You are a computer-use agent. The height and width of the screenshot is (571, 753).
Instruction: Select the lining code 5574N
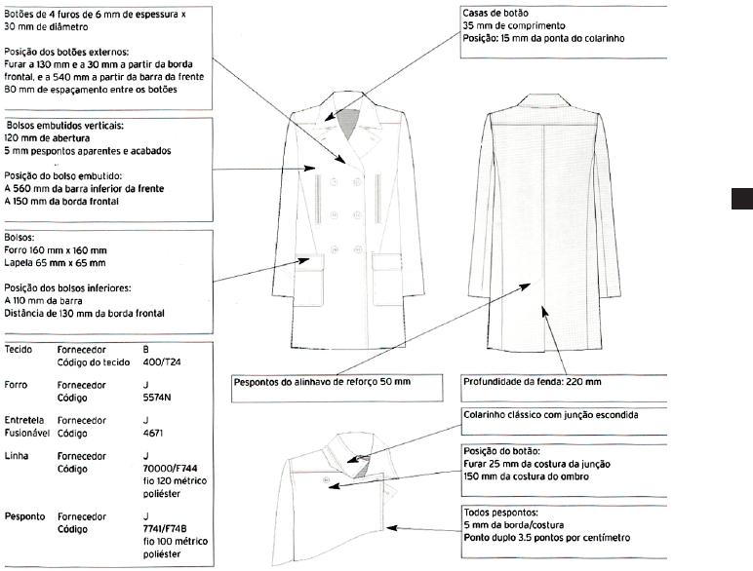point(156,398)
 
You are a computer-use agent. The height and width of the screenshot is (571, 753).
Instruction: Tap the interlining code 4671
point(152,433)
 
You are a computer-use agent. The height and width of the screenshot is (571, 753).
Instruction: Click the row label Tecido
point(20,348)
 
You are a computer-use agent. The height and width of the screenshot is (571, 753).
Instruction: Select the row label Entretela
point(25,420)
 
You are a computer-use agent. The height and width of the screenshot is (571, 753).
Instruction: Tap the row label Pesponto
point(26,514)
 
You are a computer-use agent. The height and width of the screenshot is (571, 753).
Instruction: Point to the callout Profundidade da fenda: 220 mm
point(532,381)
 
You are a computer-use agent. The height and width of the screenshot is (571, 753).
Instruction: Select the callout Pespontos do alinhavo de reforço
point(323,381)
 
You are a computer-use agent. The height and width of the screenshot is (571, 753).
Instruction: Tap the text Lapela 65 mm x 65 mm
point(54,262)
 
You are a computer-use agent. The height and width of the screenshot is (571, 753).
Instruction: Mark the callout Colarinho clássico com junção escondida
point(550,415)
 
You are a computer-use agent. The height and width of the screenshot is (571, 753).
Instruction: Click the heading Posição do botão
point(501,451)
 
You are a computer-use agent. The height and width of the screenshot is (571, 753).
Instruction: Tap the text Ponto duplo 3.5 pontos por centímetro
point(546,538)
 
